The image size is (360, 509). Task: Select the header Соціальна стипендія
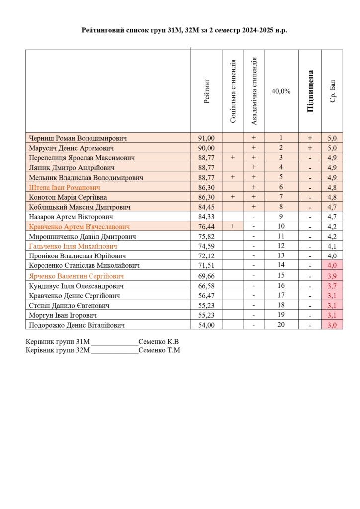[233, 91]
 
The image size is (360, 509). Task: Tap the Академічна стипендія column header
[254, 91]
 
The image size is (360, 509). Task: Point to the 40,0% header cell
[281, 91]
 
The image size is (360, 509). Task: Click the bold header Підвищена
[310, 91]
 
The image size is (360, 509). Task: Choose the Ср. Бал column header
[333, 91]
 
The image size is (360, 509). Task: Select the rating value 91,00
[206, 138]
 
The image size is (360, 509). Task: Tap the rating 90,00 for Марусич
[206, 148]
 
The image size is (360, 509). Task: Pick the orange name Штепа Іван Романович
[65, 187]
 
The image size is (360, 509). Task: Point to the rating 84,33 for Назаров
[206, 217]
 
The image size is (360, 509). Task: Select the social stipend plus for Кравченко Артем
[233, 227]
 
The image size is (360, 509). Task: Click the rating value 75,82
[206, 237]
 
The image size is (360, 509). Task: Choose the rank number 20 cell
[281, 325]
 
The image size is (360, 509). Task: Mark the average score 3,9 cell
[332, 276]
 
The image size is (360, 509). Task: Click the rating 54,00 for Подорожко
[206, 325]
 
